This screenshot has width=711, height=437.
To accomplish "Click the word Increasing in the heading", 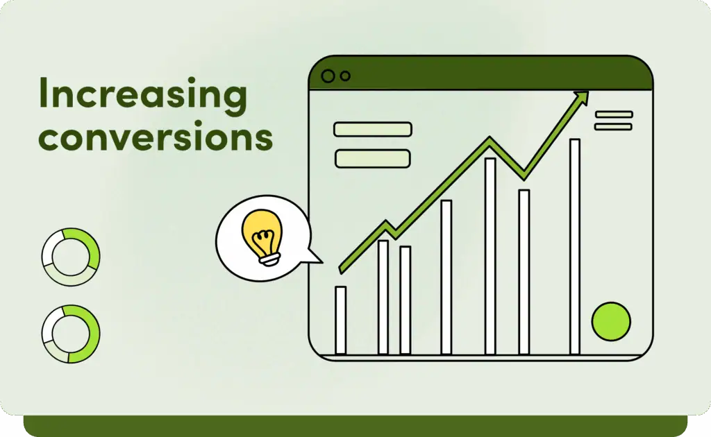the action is (x=143, y=94).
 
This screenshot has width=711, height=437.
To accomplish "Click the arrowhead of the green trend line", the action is (x=582, y=97).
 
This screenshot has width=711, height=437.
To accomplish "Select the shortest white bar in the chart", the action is (x=340, y=320).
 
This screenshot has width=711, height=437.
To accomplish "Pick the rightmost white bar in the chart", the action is (x=575, y=246).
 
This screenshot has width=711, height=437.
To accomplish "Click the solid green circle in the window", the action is (x=611, y=321).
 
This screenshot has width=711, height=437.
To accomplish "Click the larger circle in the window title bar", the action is (x=328, y=76).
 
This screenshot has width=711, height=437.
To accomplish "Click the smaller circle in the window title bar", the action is (x=346, y=76).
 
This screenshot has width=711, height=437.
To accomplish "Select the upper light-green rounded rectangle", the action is (x=373, y=129).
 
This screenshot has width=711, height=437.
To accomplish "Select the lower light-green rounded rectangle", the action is (x=373, y=158).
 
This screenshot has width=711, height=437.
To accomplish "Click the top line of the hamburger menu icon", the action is (x=614, y=114).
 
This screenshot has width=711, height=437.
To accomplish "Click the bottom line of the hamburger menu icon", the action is (x=614, y=127).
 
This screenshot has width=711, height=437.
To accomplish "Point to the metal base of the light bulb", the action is (x=270, y=260).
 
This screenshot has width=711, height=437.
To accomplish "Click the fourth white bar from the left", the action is (x=446, y=277).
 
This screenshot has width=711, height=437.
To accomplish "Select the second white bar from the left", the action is (x=383, y=297).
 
